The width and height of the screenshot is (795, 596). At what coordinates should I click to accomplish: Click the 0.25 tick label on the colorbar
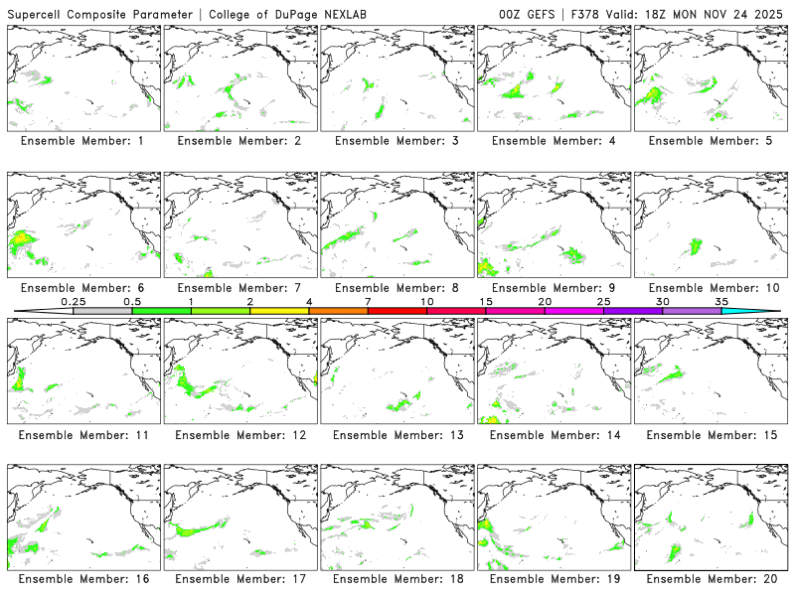(x=73, y=301)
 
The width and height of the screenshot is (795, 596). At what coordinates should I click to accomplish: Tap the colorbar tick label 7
(x=368, y=301)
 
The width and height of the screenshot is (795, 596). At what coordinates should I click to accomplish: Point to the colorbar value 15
(x=486, y=301)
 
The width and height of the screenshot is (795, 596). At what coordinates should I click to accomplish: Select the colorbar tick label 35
(x=721, y=301)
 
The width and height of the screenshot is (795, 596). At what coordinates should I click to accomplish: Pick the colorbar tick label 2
(x=249, y=301)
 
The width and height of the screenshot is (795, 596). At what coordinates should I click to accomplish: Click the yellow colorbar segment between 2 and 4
(x=279, y=311)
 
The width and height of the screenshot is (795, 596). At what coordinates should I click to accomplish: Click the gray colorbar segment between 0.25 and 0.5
(x=102, y=311)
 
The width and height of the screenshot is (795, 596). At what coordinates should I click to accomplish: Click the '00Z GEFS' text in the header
(x=524, y=13)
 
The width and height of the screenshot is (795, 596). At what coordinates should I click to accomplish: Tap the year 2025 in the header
(x=767, y=13)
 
